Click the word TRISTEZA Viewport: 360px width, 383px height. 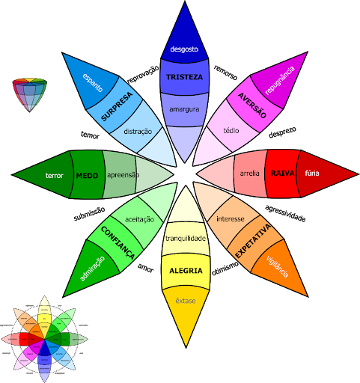coord(184,77)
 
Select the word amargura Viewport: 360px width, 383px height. coord(184,109)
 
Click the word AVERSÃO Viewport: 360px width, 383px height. coord(252,105)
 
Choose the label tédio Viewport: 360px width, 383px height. coord(231,130)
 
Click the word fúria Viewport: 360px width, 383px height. coord(312,174)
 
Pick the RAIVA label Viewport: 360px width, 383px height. coord(282,174)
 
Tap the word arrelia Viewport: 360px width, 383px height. coord(250,174)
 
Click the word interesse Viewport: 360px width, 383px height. coord(231,218)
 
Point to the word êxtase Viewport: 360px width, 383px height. coord(185,300)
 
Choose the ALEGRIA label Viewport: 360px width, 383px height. coord(185,270)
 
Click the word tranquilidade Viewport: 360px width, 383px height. coord(185,238)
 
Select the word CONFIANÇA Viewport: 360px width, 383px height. coord(118,242)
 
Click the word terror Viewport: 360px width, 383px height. coord(55,176)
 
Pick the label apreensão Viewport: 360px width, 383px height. coord(123,174)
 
